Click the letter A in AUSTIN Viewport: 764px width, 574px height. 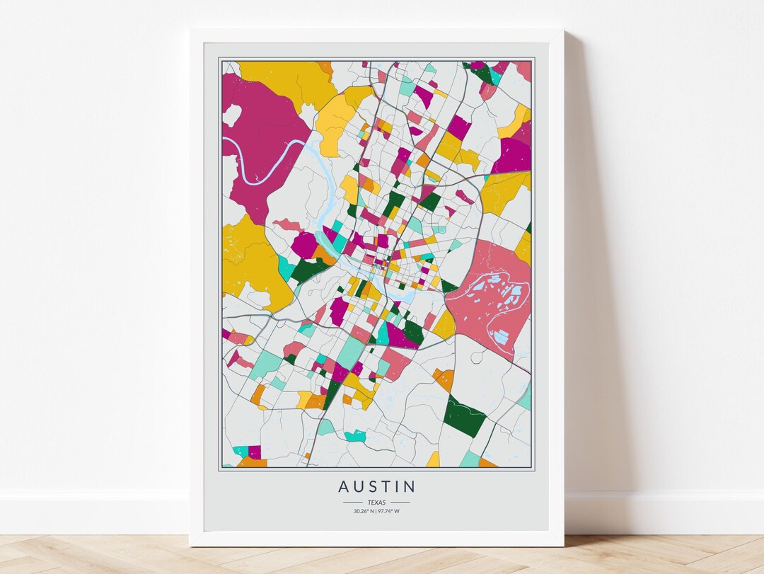coord(344,487)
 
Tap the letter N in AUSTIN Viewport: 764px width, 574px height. coord(410,487)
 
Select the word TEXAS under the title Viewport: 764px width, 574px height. coord(376,502)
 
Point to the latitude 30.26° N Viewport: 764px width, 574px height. coord(364,511)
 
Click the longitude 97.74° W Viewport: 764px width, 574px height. coord(390,511)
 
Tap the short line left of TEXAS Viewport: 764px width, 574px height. coord(352,503)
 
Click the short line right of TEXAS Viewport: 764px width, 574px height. coord(400,503)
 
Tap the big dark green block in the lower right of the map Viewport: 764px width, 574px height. coord(465,417)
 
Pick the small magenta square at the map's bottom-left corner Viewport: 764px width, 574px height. coord(254,452)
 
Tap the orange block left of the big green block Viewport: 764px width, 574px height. coord(444,380)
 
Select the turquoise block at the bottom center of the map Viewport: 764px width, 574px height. coord(354,436)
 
